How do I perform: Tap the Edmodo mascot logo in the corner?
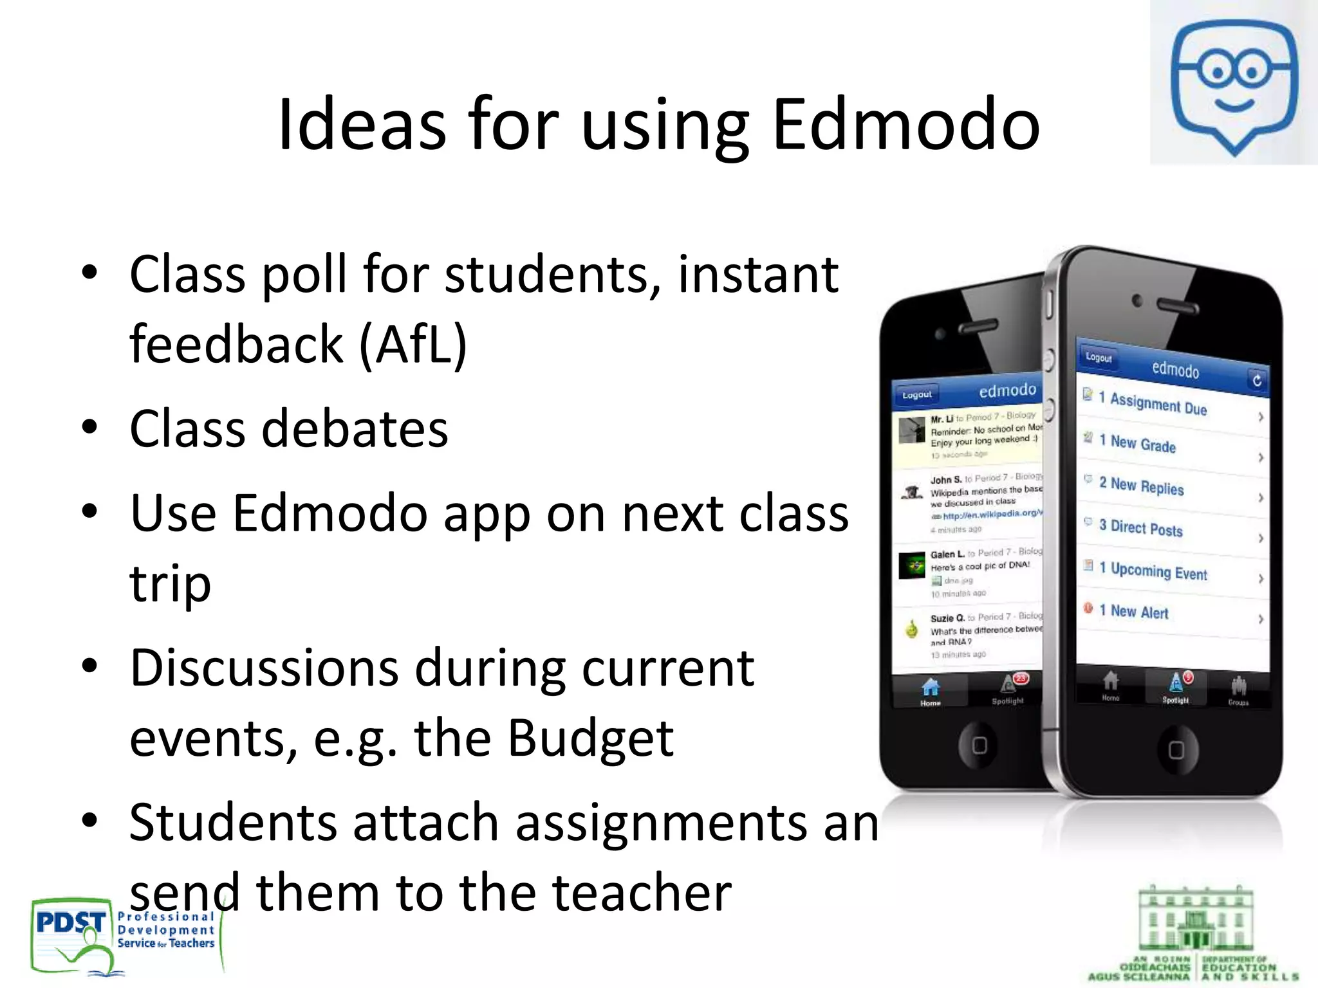(1233, 84)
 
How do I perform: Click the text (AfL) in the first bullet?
(413, 345)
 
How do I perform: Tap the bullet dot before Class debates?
(89, 427)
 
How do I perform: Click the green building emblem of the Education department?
(1195, 920)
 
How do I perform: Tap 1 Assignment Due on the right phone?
(1158, 405)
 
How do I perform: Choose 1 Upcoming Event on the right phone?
(1158, 571)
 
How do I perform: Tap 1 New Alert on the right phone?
(1139, 612)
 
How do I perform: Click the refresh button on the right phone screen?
(1256, 380)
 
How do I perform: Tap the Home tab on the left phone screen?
(930, 692)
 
